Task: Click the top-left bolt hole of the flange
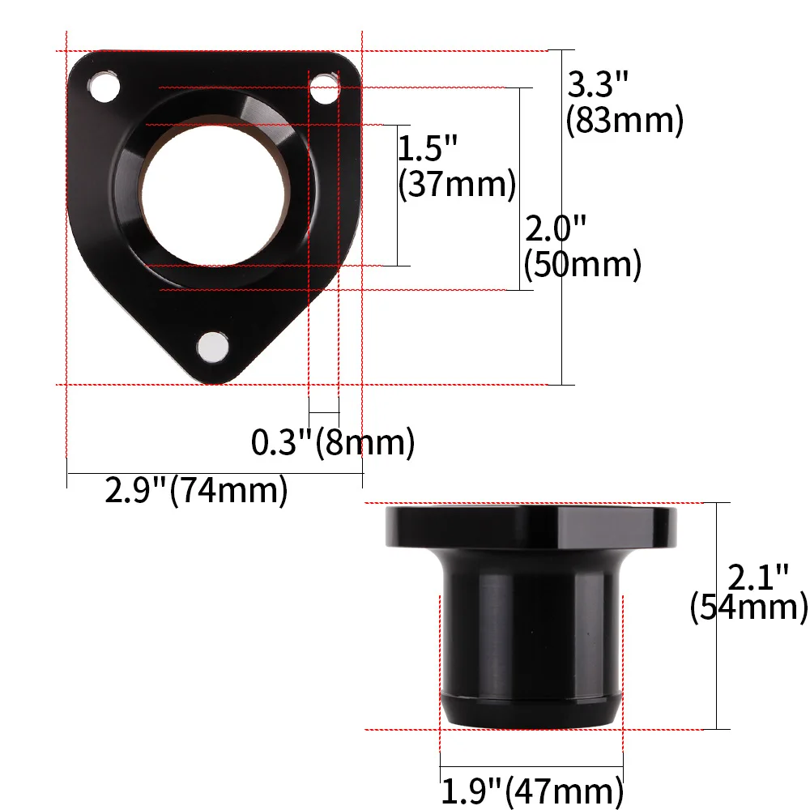point(104,86)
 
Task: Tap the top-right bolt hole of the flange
point(325,88)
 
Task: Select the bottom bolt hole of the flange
point(213,346)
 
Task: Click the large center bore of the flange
point(213,196)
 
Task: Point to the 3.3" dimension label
point(598,84)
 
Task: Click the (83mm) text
point(625,121)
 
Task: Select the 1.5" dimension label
point(427,148)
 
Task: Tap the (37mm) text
point(457,184)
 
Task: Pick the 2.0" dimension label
point(556,229)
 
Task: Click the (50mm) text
point(582,264)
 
